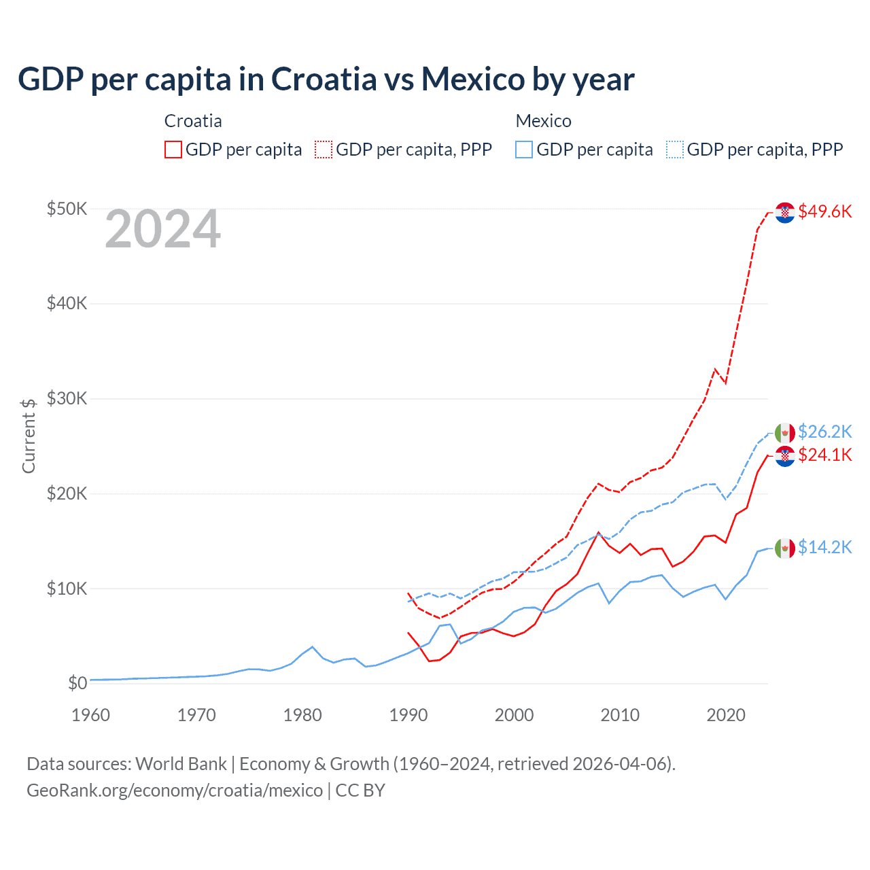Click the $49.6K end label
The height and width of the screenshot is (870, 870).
coord(824,211)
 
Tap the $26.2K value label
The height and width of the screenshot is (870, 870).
coord(824,432)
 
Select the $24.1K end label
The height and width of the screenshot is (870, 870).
coord(824,455)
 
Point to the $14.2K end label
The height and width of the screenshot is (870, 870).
coord(824,547)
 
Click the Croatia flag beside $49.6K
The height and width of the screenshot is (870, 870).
coord(785,213)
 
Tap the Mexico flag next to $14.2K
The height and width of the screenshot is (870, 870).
coord(785,548)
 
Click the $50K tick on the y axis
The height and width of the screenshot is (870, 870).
coord(67,209)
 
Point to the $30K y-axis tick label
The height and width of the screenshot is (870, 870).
coord(67,398)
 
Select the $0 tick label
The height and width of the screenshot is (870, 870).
coord(77,683)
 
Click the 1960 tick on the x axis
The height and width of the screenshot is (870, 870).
coord(90,715)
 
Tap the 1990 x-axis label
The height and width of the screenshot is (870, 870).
coord(408,715)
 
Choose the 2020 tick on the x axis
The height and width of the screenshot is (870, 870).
coord(726,715)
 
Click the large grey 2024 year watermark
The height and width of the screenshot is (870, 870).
coord(163,230)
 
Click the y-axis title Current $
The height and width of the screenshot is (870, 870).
coord(29,436)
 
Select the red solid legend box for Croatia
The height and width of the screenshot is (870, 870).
coord(173,150)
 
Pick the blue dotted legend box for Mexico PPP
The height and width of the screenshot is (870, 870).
coord(675,150)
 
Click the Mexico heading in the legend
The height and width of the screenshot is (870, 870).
coord(543,121)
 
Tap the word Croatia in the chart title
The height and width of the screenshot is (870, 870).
coord(324,79)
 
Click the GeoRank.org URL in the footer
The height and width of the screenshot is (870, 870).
coord(175,790)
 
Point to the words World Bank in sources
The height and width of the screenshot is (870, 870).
coord(181,764)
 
